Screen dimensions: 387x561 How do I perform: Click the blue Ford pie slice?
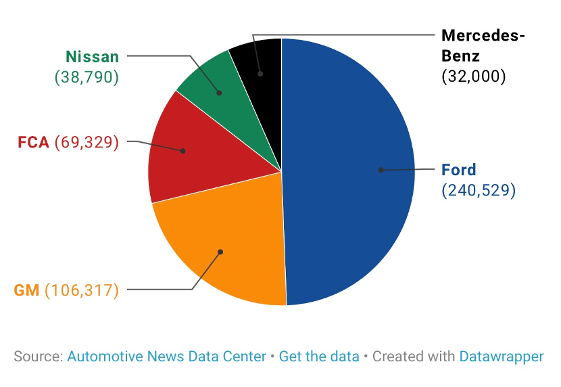pos(345,203)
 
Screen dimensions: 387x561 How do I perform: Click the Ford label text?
pos(458,170)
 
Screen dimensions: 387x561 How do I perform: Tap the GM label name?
pos(27,291)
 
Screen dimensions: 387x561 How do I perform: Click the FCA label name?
pos(33,143)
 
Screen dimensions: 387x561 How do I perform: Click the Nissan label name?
pos(92,57)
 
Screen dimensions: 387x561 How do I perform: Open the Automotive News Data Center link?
pos(166,357)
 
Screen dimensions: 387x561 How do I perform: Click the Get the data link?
pos(319,357)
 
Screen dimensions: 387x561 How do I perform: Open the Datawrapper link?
pos(502,357)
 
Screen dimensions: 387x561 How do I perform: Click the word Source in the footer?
pos(38,357)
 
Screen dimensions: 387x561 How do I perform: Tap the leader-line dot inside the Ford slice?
pos(381,170)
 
